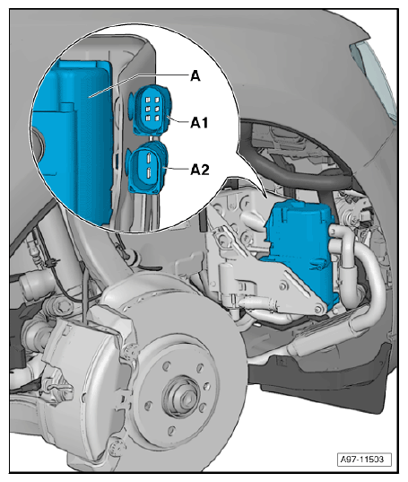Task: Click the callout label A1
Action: point(199,123)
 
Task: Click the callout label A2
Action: point(200,170)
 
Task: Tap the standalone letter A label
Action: point(195,75)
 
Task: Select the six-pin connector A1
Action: point(152,110)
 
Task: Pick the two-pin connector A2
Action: point(147,167)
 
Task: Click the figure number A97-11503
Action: point(364,460)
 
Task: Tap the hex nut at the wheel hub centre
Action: point(185,399)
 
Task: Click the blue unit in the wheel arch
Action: point(299,249)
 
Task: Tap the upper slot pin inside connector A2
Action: point(148,157)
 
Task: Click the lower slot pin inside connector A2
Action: point(148,172)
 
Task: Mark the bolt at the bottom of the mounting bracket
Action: point(318,309)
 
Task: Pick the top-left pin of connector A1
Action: point(147,101)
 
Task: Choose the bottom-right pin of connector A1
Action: point(157,118)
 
